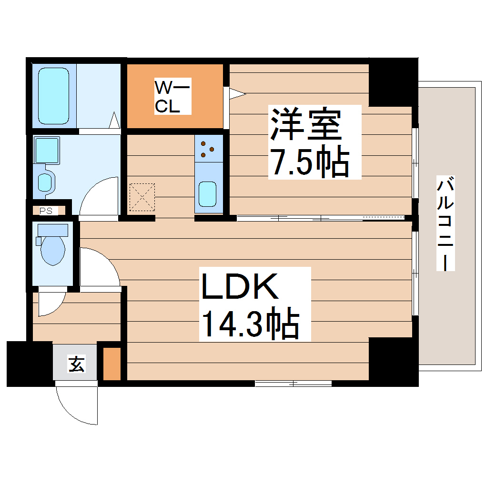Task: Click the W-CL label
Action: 173,97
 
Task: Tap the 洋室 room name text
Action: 305,124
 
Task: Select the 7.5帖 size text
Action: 309,162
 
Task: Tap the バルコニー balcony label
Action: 445,224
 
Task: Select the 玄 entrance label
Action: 76,364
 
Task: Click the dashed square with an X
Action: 142,197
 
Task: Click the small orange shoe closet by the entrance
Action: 112,364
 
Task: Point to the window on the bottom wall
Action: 293,383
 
